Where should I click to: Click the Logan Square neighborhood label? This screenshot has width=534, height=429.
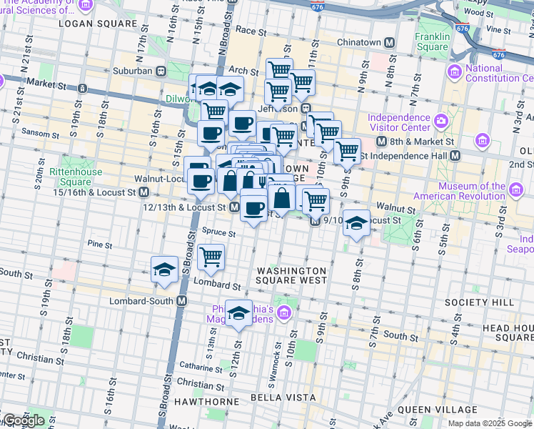pos(97,24)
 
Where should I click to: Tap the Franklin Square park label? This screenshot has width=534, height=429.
pos(433,42)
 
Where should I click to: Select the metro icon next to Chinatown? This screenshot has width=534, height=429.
pos(390,42)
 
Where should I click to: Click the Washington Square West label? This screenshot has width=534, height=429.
pos(291,276)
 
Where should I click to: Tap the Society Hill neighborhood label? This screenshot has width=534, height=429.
pos(478,302)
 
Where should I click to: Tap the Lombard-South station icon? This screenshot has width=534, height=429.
pos(181,301)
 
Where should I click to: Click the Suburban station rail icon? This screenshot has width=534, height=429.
pos(161,71)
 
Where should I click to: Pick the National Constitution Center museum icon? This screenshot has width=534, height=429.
pos(455,71)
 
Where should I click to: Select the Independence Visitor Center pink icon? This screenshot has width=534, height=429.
pos(440,119)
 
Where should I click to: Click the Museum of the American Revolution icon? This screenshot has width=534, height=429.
pos(515,189)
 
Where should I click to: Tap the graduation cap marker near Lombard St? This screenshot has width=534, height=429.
pos(165,270)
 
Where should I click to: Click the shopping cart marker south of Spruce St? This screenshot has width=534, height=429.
pos(211,257)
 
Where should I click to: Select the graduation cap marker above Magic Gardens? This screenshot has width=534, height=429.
pos(239,312)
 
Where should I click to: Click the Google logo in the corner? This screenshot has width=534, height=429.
pos(23,420)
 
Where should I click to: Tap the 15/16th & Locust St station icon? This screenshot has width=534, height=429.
pos(143,192)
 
